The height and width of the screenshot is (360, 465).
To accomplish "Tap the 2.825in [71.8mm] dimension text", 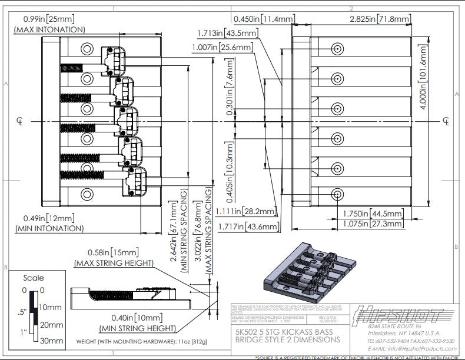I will (x=380, y=19).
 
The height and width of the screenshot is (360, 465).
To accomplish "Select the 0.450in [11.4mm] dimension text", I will (x=263, y=19).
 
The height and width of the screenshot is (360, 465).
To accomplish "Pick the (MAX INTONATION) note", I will (x=49, y=29).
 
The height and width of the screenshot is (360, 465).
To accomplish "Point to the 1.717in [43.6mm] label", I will (x=245, y=226).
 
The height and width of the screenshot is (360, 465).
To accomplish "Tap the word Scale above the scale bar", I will (x=34, y=278).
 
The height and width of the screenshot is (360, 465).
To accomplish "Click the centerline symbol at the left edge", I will (x=20, y=121).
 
